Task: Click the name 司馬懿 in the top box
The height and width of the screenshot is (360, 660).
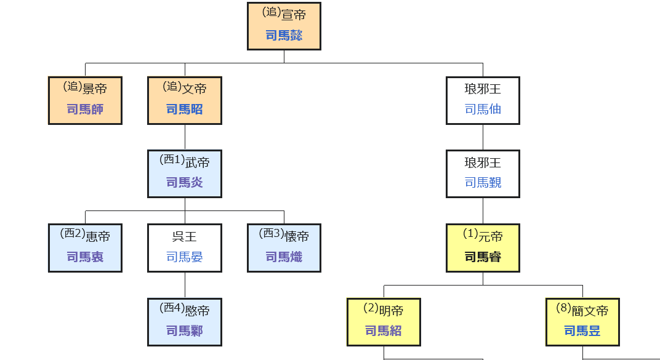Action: pyautogui.click(x=284, y=36)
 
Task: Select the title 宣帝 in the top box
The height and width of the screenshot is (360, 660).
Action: pyautogui.click(x=294, y=15)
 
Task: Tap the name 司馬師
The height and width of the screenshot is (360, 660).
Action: pyautogui.click(x=85, y=110)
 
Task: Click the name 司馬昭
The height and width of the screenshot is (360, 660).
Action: pyautogui.click(x=185, y=110)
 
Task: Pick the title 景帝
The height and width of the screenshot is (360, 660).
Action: pyautogui.click(x=94, y=89)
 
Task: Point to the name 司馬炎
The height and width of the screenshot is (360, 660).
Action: pyautogui.click(x=185, y=183)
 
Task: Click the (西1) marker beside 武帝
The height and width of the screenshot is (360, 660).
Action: pyautogui.click(x=172, y=160)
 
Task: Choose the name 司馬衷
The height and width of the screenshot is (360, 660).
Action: pyautogui.click(x=85, y=257)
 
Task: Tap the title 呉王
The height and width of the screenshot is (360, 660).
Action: pyautogui.click(x=185, y=236)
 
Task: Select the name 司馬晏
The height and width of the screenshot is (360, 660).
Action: pyautogui.click(x=185, y=257)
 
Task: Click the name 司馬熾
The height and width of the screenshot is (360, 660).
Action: pyautogui.click(x=284, y=257)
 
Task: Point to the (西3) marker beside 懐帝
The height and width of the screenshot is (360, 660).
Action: pyautogui.click(x=272, y=234)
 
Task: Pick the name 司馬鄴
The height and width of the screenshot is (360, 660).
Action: pyautogui.click(x=185, y=331)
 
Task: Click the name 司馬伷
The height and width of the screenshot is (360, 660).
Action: pyautogui.click(x=483, y=110)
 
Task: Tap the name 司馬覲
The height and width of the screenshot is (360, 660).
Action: pyautogui.click(x=483, y=183)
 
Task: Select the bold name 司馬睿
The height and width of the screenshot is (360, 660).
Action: pyautogui.click(x=483, y=257)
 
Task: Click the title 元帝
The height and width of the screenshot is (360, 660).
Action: pyautogui.click(x=491, y=236)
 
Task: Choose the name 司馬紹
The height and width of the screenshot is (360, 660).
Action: pyautogui.click(x=384, y=331)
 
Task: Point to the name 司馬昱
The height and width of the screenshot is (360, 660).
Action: pyautogui.click(x=582, y=331)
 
